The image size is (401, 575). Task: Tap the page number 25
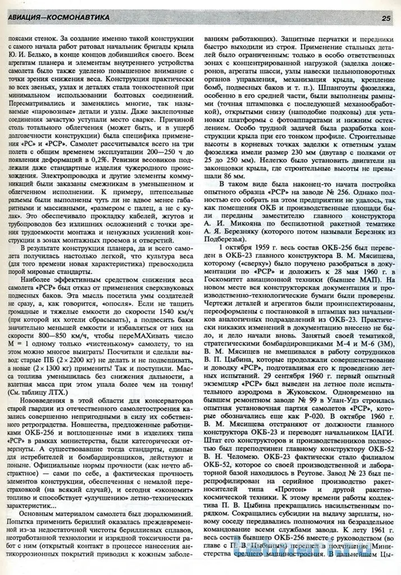coord(386,18)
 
